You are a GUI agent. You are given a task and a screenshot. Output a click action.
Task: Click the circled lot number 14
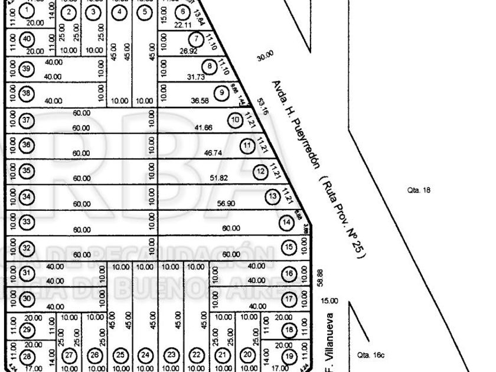[286, 223]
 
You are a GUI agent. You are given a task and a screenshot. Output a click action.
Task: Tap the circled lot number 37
[26, 120]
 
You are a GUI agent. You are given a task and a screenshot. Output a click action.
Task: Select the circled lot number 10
[236, 120]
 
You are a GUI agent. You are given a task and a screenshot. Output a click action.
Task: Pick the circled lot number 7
[197, 39]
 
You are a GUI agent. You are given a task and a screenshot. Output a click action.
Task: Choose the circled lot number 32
[26, 248]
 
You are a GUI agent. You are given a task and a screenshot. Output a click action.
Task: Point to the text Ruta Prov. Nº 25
[342, 216]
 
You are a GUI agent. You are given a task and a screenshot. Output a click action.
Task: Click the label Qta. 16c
[371, 355]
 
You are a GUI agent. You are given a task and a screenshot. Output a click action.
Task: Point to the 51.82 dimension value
[219, 178]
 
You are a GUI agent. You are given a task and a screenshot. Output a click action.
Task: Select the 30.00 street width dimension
[265, 56]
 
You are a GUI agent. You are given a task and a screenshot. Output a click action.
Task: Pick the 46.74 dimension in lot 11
[212, 152]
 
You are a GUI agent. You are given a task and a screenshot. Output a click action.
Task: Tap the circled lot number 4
[120, 11]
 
